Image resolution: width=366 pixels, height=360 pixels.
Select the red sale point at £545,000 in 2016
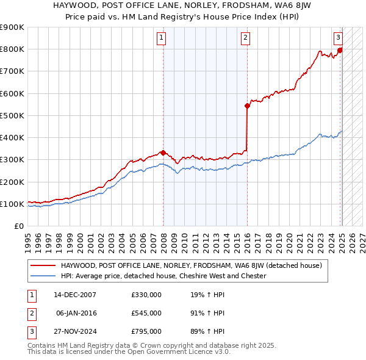[247, 106]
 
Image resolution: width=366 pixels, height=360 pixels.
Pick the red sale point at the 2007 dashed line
[163, 153]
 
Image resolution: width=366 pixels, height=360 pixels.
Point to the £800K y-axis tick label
[12, 49]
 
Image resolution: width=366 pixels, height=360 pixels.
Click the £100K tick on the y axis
[12, 204]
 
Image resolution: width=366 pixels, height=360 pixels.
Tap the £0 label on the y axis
[18, 226]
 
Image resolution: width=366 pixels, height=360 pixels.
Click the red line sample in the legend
[44, 265]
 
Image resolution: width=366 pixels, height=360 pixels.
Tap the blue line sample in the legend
[44, 276]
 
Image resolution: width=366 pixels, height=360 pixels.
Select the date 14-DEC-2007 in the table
[74, 295]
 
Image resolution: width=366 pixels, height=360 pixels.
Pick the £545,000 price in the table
[146, 313]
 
